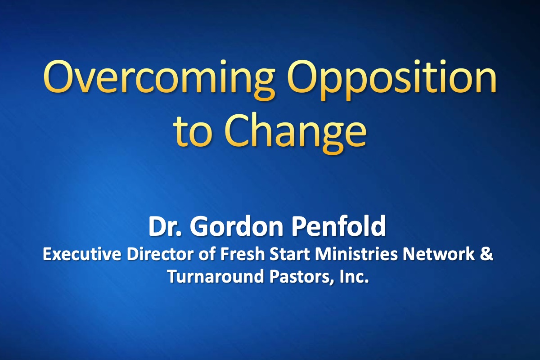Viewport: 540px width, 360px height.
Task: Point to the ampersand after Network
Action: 487,254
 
